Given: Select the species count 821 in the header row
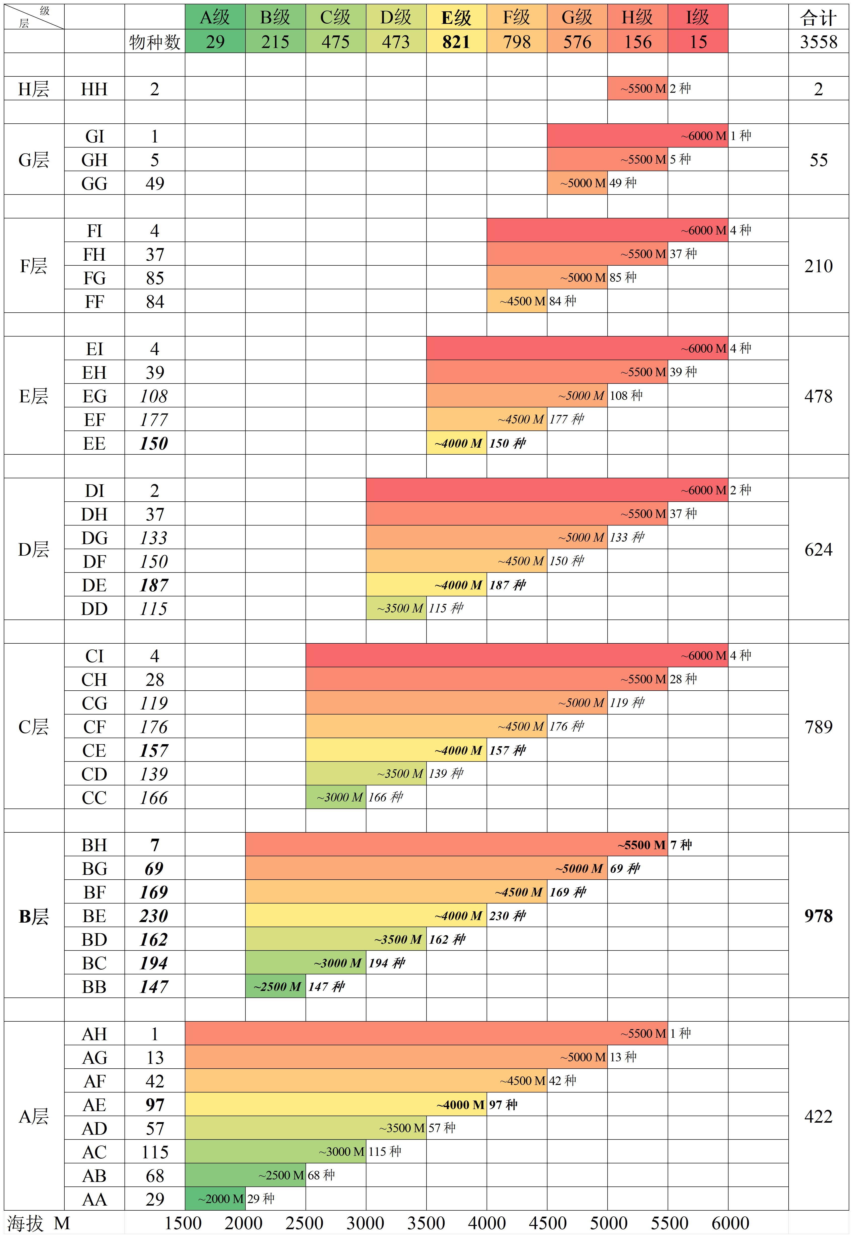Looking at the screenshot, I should tap(456, 42).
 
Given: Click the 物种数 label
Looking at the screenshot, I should tap(154, 42).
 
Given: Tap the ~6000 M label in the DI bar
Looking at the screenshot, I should tap(703, 490).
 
